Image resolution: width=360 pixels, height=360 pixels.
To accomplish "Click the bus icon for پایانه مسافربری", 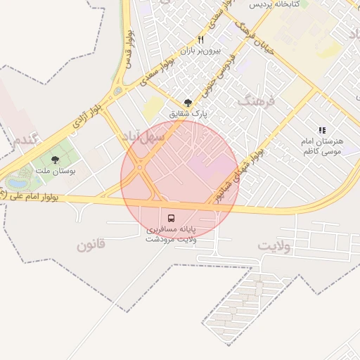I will pyautogui.click(x=172, y=217).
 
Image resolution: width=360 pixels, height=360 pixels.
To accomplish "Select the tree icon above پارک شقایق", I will pyautogui.click(x=187, y=103).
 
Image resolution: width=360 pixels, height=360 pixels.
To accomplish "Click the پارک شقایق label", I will pyautogui.click(x=187, y=113).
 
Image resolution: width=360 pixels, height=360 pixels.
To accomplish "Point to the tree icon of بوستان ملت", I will pyautogui.click(x=56, y=160).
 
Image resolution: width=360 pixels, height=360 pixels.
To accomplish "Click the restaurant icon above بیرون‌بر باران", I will pyautogui.click(x=200, y=40).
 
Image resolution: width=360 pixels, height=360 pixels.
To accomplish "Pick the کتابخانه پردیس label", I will pyautogui.click(x=276, y=4).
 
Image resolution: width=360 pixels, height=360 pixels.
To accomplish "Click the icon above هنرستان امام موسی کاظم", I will pyautogui.click(x=322, y=130).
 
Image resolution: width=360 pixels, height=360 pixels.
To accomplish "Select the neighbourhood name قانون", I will pyautogui.click(x=91, y=246).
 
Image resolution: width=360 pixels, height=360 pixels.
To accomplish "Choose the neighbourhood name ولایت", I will pyautogui.click(x=274, y=246).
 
